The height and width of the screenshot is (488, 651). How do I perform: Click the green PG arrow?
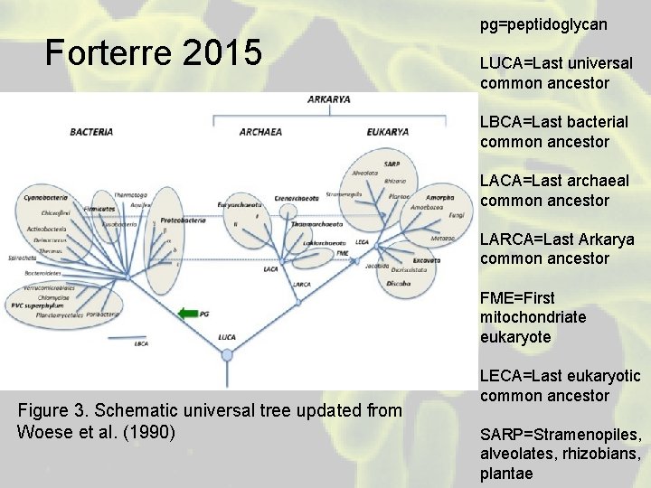click(x=188, y=314)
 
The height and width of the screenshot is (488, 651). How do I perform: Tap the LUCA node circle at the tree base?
click(x=227, y=354)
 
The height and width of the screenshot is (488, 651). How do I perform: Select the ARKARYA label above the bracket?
click(x=329, y=99)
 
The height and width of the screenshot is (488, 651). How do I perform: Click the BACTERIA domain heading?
click(x=91, y=132)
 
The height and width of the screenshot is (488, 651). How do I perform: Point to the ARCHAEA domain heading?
click(x=260, y=132)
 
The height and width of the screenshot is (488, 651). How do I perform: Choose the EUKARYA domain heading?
click(x=388, y=132)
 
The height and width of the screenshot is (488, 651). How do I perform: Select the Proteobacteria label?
click(x=181, y=221)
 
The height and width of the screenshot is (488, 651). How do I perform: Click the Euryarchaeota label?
click(x=240, y=205)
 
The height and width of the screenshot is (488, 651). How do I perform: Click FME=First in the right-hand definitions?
click(x=518, y=298)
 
